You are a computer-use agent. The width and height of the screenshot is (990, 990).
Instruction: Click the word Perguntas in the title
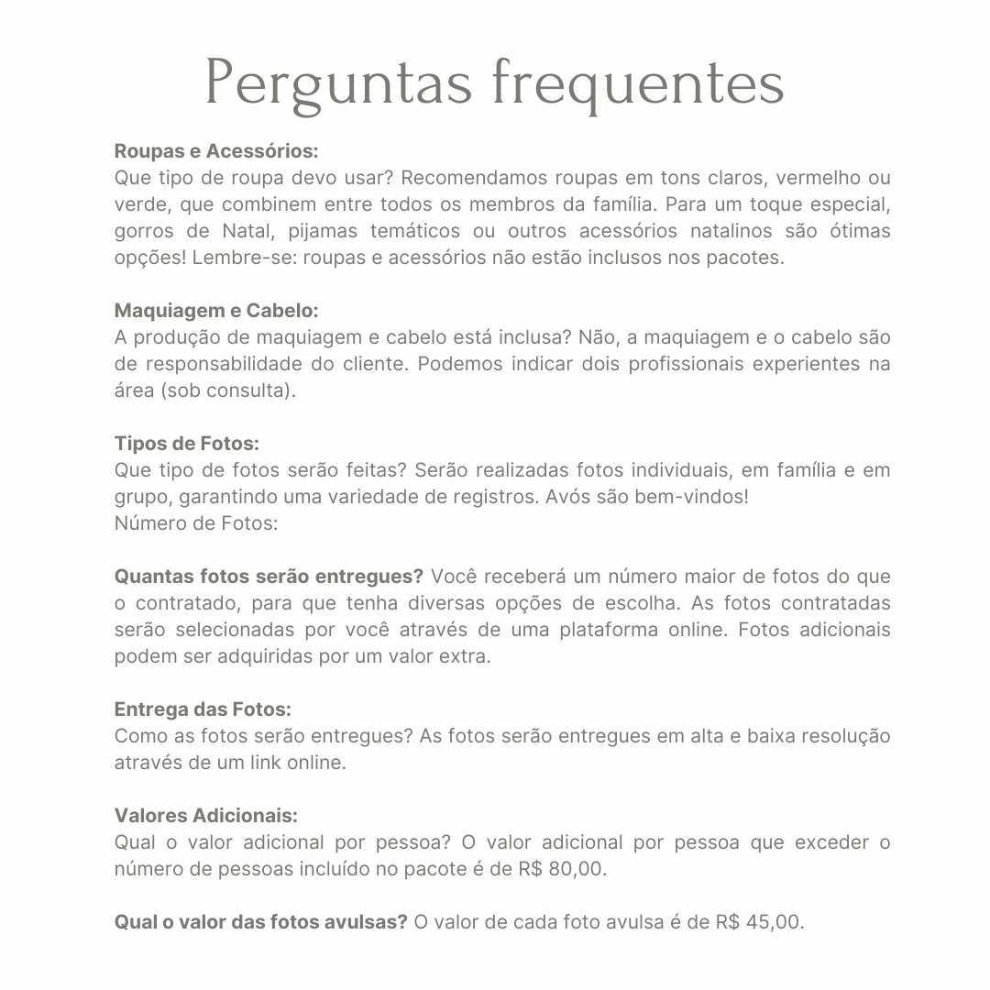(x=339, y=84)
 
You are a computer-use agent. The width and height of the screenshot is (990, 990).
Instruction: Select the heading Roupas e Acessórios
(x=216, y=150)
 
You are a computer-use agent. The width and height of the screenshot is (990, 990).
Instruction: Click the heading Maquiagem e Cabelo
(x=216, y=310)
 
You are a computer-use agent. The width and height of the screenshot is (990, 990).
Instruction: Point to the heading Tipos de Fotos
(x=187, y=444)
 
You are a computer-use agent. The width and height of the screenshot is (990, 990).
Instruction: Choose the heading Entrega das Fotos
(x=203, y=709)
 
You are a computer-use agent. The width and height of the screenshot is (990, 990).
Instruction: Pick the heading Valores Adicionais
(x=206, y=816)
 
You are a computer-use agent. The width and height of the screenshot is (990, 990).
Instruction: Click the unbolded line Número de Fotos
(x=196, y=523)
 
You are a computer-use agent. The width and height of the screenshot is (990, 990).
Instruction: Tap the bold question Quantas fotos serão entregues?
(x=269, y=577)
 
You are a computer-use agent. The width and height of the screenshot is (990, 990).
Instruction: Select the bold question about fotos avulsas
(x=260, y=922)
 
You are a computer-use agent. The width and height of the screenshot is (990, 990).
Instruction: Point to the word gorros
(x=141, y=231)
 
